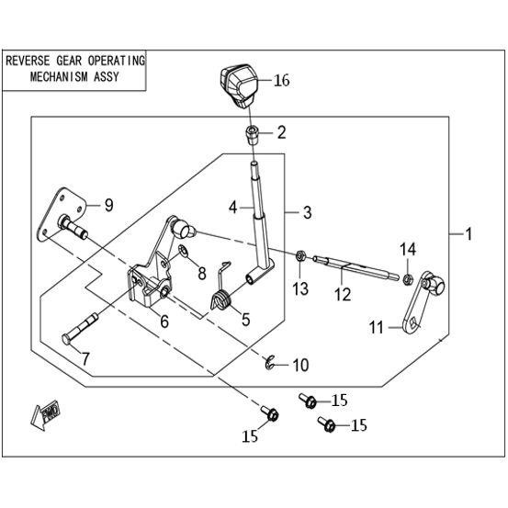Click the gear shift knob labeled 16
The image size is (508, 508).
pos(239,85)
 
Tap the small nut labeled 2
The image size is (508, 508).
pos(254,136)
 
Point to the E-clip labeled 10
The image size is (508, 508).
pos(269,363)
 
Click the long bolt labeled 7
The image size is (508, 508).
pos(80,329)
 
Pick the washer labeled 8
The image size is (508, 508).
pos(184,251)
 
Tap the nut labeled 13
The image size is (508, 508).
pos(301,255)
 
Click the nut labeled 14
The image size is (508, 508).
pos(407,278)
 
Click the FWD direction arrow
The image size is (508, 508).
pos(46,414)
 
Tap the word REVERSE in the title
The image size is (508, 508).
pos(28,61)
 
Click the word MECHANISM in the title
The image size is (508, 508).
pos(59,77)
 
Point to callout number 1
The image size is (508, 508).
pos(468,234)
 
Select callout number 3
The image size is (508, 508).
pos(307,213)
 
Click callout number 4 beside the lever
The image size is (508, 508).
pos(232,208)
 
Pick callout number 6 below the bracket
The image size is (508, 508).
pos(164,322)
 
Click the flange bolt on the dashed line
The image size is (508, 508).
pos(270,413)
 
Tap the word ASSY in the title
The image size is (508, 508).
pos(106,77)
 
